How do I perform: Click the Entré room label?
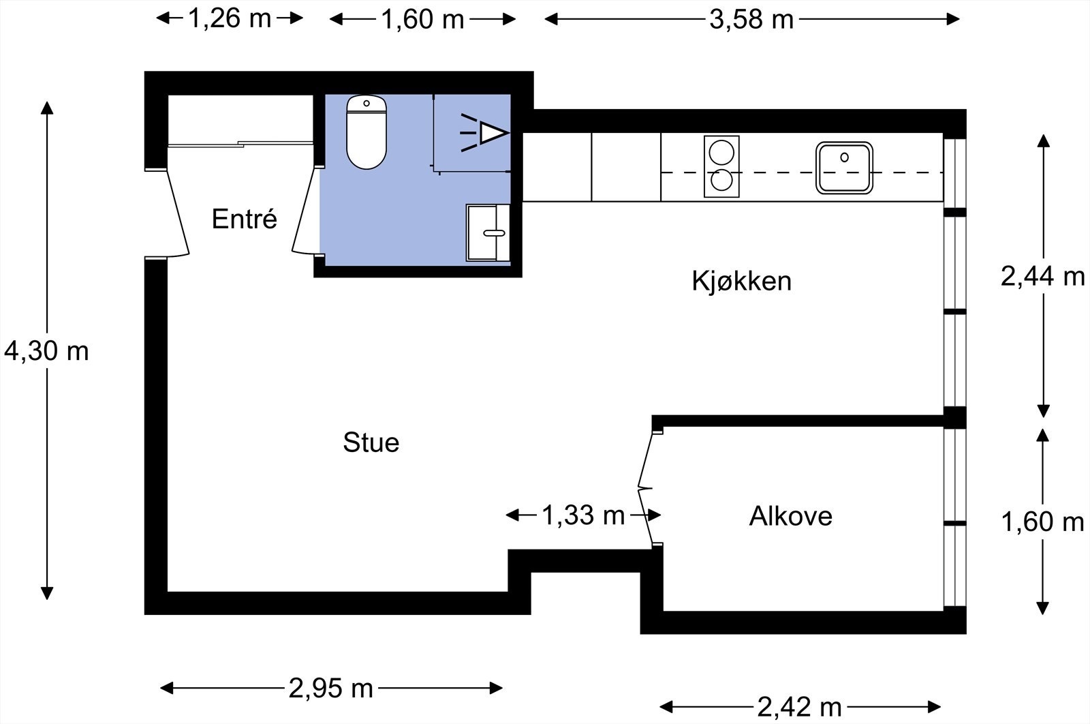[244, 220]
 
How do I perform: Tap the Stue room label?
[371, 442]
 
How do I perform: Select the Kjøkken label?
[741, 281]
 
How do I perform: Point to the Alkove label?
[790, 516]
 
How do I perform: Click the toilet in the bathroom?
[367, 132]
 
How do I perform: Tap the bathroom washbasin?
[488, 232]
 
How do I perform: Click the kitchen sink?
[844, 167]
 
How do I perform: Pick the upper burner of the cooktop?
[721, 150]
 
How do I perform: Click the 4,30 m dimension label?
[46, 352]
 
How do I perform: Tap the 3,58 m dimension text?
[751, 20]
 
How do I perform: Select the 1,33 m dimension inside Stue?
[583, 515]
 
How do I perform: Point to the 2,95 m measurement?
[331, 689]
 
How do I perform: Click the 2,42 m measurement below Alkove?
[800, 707]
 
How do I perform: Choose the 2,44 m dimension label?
[1042, 277]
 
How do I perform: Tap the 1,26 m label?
[229, 19]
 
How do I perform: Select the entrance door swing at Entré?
[178, 213]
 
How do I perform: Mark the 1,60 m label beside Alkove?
[1042, 522]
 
